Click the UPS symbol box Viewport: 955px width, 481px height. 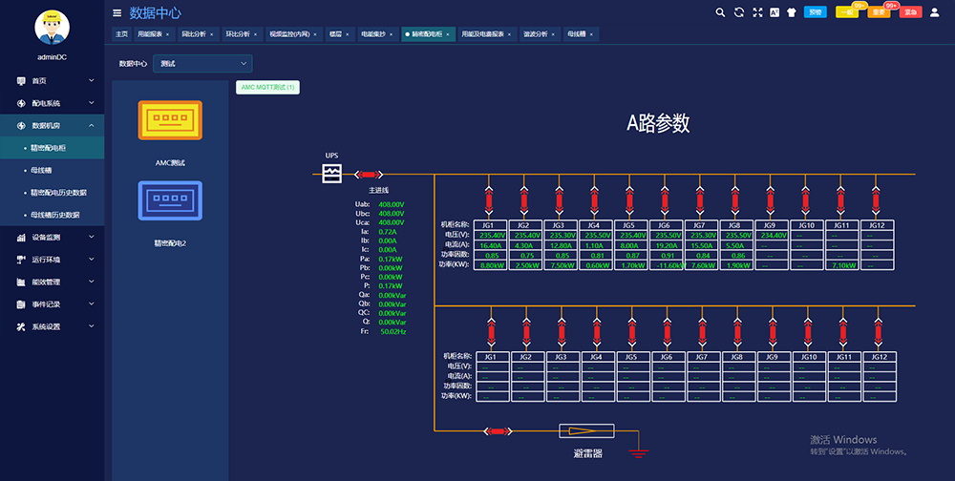click(331, 174)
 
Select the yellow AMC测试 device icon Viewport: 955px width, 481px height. click(170, 121)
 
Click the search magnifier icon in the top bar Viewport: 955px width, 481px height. click(720, 12)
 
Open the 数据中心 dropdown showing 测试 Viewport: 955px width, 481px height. click(202, 63)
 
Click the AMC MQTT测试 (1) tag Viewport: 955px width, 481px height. click(267, 87)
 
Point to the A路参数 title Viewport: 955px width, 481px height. click(658, 123)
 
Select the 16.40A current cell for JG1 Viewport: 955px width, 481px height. click(491, 245)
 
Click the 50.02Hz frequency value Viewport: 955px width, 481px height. click(393, 332)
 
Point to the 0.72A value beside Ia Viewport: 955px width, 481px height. click(388, 232)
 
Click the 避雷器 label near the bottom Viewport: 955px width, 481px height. click(587, 454)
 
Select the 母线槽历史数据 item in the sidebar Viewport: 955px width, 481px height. click(55, 215)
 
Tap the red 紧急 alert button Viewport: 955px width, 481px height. click(910, 12)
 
